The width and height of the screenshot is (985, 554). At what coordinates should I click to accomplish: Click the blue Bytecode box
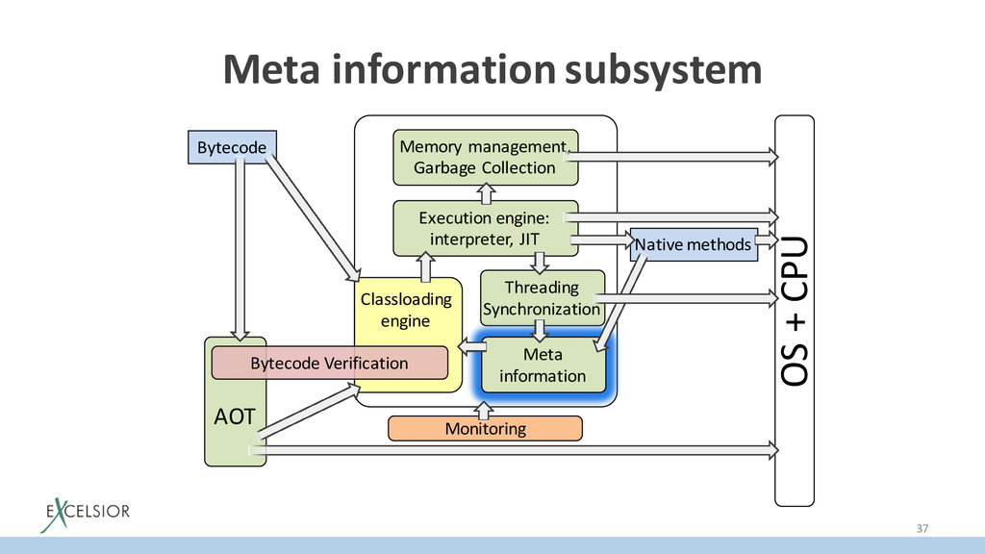tap(231, 147)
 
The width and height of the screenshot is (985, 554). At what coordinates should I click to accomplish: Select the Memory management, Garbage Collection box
tap(485, 157)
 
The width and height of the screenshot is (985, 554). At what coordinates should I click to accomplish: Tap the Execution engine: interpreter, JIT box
tap(485, 228)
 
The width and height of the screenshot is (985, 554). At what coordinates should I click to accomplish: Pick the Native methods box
tap(692, 245)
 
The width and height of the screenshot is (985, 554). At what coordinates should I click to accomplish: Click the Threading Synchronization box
tap(542, 298)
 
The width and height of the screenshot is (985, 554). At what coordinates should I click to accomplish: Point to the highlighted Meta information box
tap(543, 365)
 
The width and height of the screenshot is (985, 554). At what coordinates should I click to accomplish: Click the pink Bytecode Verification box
tap(330, 363)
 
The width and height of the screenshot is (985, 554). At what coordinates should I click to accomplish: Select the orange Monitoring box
tap(485, 428)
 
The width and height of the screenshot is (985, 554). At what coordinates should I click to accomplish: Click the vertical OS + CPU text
tap(795, 310)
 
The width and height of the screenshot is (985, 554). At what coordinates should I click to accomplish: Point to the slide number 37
tap(923, 528)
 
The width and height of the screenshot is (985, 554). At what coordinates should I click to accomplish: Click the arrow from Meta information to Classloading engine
tap(468, 346)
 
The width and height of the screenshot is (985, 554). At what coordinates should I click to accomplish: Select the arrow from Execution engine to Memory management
tap(485, 192)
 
